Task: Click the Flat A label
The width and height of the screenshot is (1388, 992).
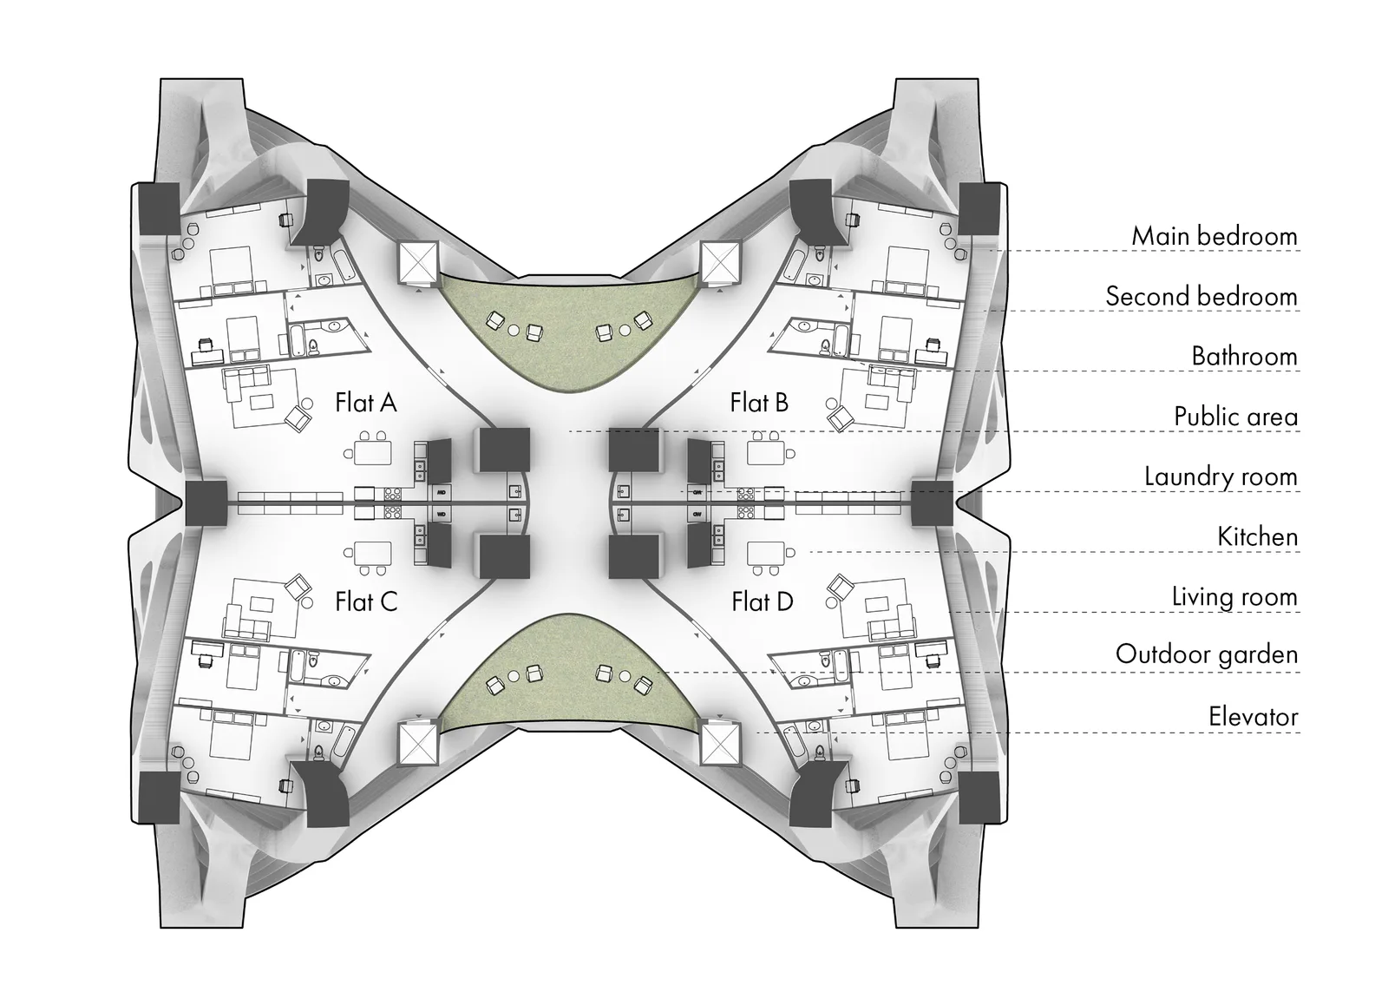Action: [x=365, y=403]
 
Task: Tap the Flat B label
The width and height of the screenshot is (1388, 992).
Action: [x=759, y=403]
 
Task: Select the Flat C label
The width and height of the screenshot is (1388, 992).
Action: [x=366, y=601]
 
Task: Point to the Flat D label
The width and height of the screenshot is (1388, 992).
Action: [x=763, y=601]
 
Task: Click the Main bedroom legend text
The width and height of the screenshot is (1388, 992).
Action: [x=1214, y=236]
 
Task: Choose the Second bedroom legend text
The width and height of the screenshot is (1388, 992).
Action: [x=1201, y=296]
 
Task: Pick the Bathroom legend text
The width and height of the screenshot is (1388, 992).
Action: [x=1244, y=357]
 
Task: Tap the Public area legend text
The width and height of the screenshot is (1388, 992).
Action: [x=1236, y=417]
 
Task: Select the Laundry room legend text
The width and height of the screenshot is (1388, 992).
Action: [x=1221, y=476]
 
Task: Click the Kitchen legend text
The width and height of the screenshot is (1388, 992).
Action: [x=1257, y=537]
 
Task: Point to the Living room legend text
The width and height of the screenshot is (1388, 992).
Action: [x=1234, y=597]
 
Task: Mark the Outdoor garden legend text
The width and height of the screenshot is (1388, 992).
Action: [x=1207, y=654]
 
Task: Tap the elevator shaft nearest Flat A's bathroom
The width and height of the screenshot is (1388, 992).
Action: [x=418, y=261]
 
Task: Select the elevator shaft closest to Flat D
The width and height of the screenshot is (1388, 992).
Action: [x=720, y=744]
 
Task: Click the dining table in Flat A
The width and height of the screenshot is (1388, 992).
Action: [x=373, y=452]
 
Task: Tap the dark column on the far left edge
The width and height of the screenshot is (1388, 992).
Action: [x=206, y=503]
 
